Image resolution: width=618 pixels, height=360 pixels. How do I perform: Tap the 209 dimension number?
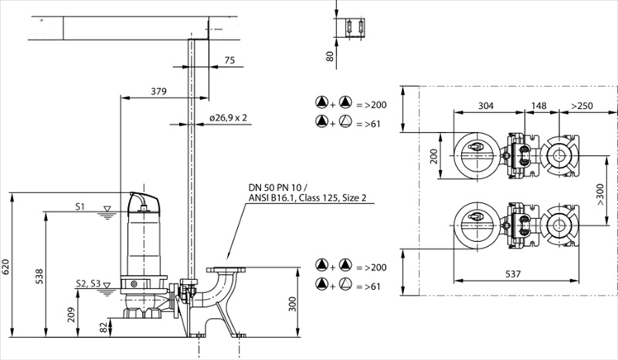click(x=70, y=314)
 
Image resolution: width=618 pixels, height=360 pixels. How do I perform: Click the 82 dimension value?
click(x=103, y=328)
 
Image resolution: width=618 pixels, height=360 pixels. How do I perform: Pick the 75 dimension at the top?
click(x=229, y=60)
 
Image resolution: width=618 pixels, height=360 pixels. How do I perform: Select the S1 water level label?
click(x=80, y=206)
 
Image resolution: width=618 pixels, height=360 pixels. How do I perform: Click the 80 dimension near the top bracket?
click(x=330, y=57)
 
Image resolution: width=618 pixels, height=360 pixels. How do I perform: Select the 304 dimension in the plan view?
click(x=486, y=106)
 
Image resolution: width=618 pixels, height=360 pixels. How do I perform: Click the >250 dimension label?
click(x=582, y=106)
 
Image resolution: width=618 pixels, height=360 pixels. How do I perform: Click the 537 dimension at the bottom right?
click(x=513, y=273)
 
